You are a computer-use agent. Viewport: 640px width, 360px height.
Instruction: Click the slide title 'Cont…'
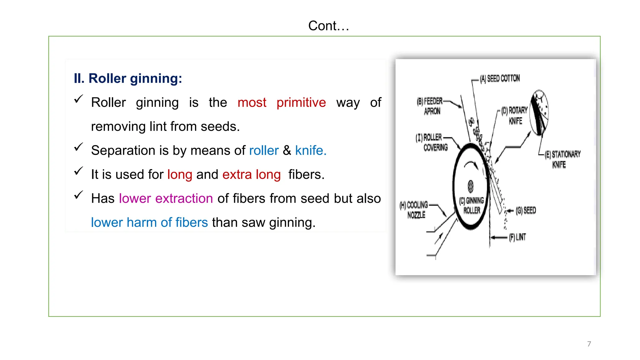coord(328,26)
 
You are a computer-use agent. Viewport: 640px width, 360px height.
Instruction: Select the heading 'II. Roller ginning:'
coord(128,78)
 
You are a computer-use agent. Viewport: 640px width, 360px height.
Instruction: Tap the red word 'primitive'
coord(301,102)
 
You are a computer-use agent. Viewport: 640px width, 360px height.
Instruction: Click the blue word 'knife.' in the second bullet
coord(311,151)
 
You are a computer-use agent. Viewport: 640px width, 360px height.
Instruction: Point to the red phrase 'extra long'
coord(251,174)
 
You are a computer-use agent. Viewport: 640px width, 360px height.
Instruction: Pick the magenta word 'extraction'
coord(184,198)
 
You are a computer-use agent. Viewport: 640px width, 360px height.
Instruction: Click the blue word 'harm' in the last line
coord(142,222)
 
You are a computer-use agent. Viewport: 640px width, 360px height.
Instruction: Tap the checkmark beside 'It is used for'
coord(78,171)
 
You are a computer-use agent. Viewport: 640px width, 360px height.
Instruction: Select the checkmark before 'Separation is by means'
coord(78,147)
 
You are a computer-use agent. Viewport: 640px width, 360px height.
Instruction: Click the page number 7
coord(589,344)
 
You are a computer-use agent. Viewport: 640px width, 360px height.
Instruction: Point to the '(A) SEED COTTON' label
coord(500,78)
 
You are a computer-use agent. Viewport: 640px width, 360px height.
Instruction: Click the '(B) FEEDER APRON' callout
coord(430,106)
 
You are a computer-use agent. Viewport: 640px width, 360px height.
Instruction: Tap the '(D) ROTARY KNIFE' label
coord(515,115)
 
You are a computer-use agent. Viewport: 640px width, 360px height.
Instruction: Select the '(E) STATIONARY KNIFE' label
coord(562,159)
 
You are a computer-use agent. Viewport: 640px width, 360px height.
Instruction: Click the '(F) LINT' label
coord(517,237)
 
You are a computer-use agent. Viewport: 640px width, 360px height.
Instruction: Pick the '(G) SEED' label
coord(526,210)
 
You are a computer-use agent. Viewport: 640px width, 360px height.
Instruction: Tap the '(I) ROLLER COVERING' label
coord(432,142)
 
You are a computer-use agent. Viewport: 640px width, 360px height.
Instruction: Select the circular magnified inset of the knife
coord(540,112)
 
